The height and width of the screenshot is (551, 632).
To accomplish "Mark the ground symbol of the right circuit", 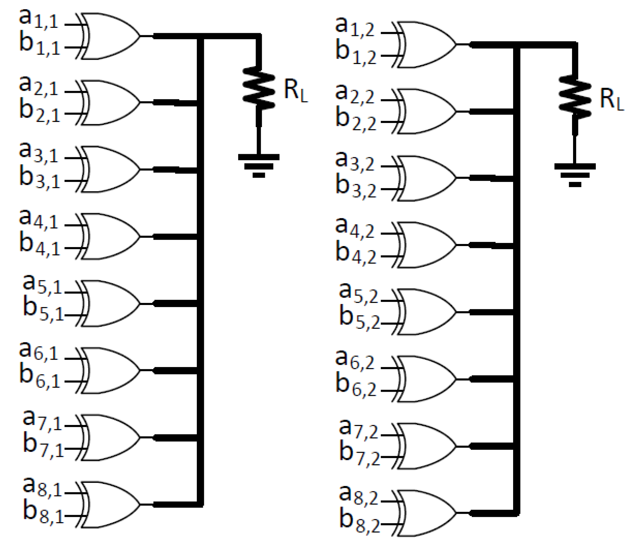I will (575, 175).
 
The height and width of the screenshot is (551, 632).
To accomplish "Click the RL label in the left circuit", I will (296, 91).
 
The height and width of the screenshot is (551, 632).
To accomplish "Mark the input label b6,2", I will (356, 386).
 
